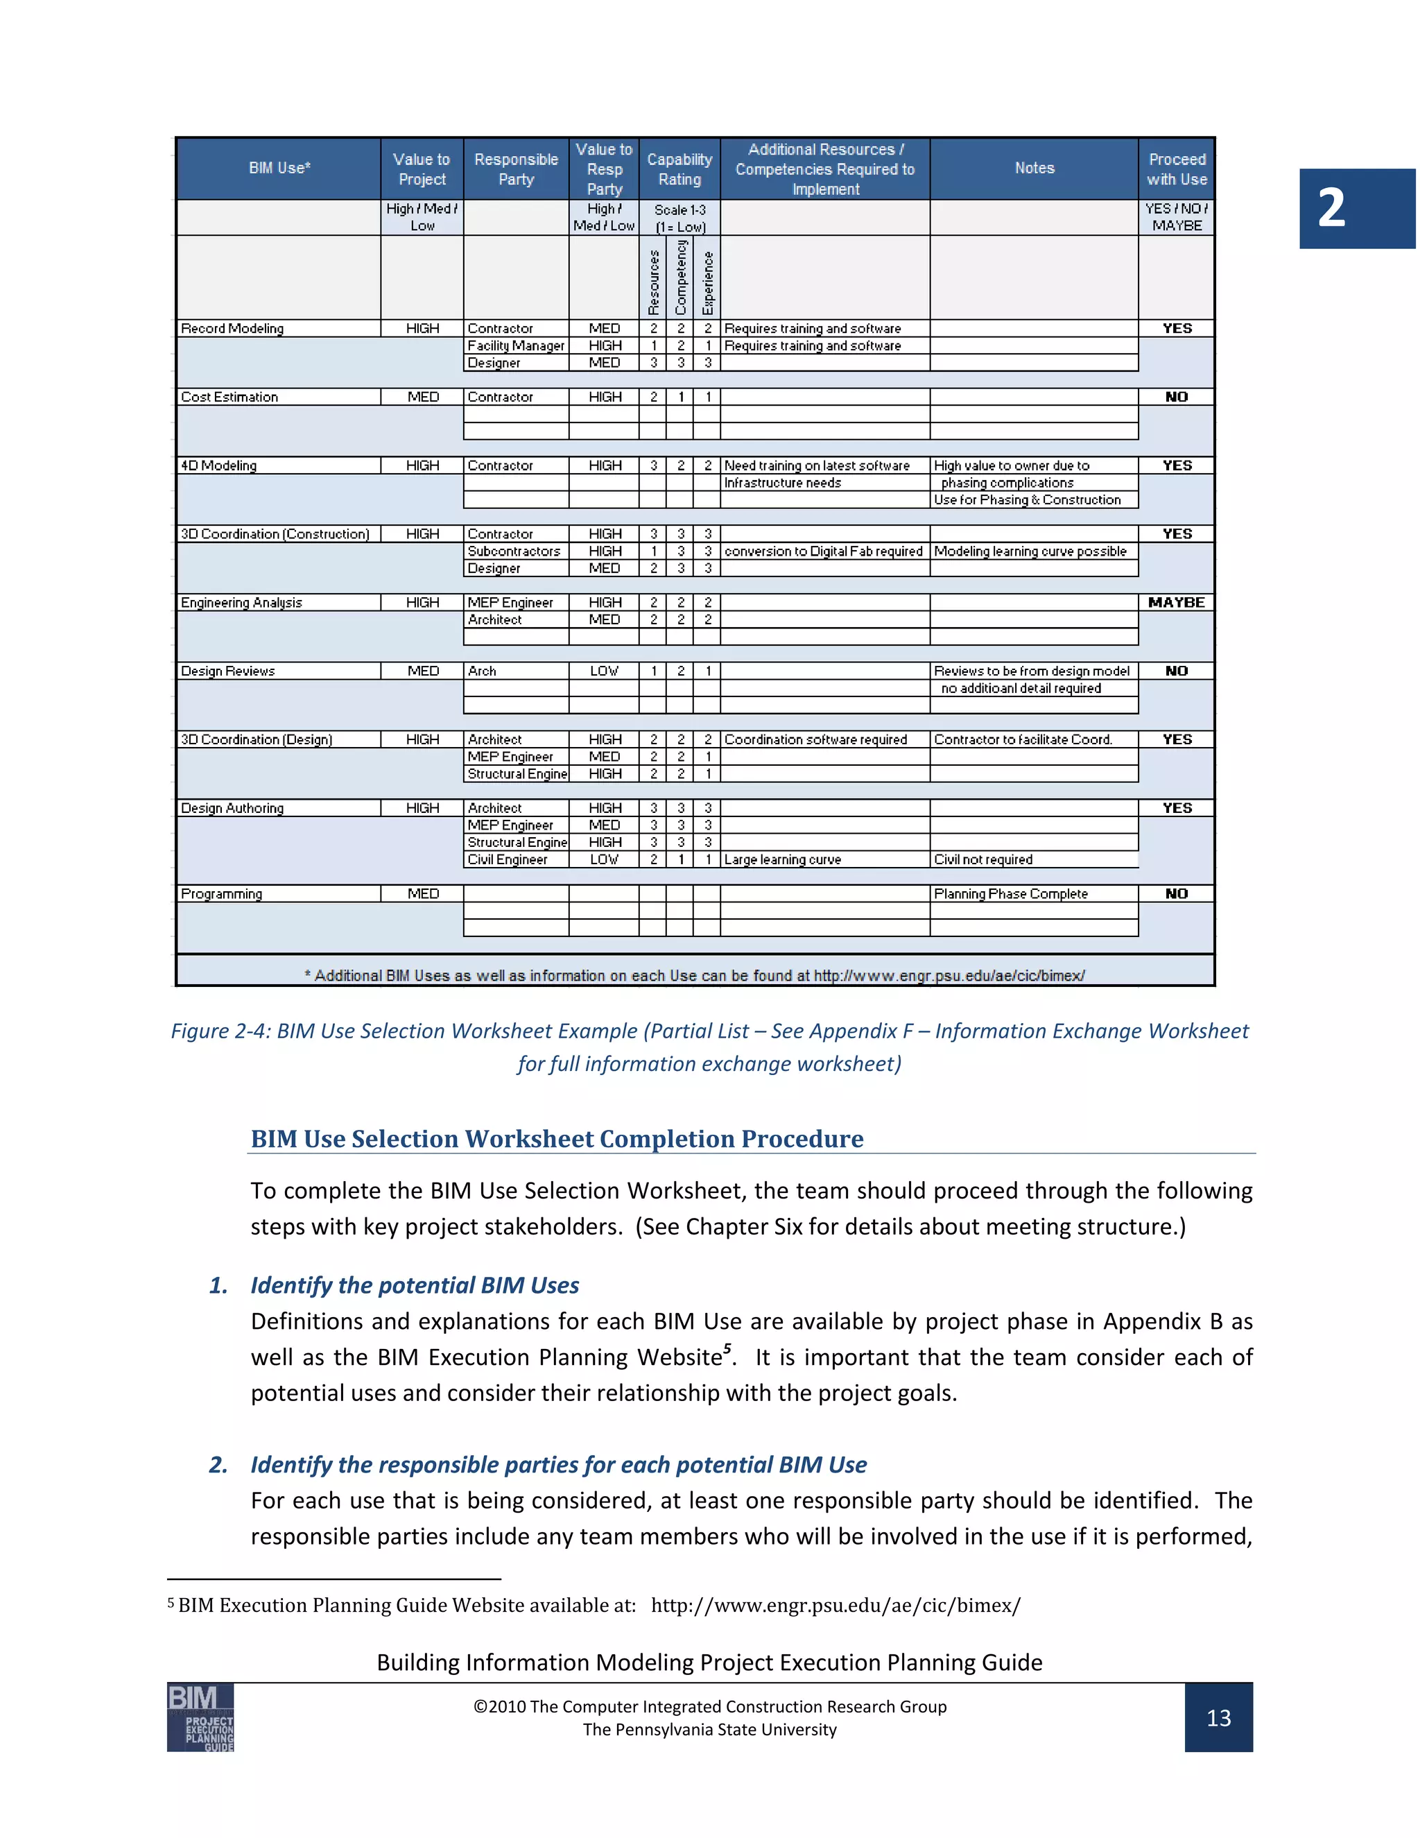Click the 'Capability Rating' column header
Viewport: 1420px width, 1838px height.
coord(679,169)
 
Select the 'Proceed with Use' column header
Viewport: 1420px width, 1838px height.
coord(1176,169)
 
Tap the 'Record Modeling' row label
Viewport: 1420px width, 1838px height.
coord(232,328)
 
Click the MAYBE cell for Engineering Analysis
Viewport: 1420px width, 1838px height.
coord(1176,603)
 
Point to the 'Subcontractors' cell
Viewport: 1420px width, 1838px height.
coord(514,551)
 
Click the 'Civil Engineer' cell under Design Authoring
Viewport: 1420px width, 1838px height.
coord(508,859)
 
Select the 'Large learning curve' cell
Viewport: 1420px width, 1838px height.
coord(782,859)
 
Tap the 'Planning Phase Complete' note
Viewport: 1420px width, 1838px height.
coord(1010,894)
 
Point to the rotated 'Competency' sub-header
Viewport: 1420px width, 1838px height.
coord(681,277)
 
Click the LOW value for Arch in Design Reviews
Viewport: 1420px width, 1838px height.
coord(604,671)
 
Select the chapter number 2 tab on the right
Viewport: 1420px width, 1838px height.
coord(1356,208)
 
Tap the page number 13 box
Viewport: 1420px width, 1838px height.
coord(1218,1717)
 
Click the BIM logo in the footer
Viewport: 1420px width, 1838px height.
coord(200,1717)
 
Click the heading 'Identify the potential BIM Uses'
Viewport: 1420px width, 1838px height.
coord(415,1285)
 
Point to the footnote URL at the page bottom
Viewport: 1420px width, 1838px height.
coord(835,1605)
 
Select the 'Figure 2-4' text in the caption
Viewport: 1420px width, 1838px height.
coord(220,1031)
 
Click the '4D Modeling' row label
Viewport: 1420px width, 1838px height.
coord(218,465)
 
